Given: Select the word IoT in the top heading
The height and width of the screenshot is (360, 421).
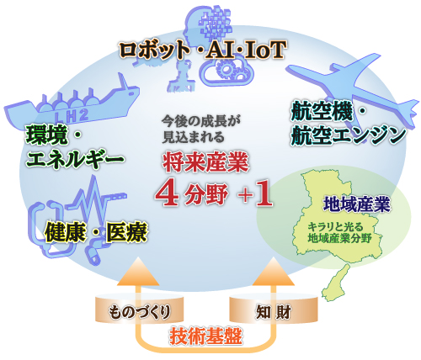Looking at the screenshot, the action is point(265,50).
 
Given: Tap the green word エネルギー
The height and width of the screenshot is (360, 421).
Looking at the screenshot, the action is point(75,159).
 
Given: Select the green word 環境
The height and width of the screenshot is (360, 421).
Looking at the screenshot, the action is point(47,135).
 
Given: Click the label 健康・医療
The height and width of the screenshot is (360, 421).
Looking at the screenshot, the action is point(96,232).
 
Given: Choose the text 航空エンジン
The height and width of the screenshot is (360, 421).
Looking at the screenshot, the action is point(349,136).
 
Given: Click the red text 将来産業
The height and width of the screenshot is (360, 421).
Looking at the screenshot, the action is point(206,162).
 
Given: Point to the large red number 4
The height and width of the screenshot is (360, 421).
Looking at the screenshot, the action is point(168,194).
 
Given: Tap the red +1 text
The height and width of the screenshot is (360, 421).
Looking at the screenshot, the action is point(255,194).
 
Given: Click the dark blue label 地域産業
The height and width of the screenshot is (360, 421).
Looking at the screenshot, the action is point(357,204).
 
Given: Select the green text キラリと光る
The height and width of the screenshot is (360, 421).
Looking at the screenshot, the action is point(335,226).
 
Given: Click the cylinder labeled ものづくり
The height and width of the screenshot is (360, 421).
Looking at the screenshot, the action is point(140,309).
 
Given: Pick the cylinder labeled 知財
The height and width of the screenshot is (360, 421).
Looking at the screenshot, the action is point(274,309).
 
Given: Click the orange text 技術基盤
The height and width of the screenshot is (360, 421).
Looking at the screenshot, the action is point(205,336).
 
